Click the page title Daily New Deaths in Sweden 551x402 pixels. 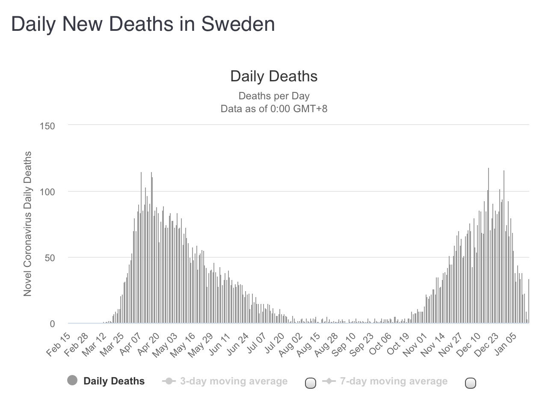pos(143,24)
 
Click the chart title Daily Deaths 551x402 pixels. pos(274,76)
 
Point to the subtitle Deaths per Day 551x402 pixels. pos(274,96)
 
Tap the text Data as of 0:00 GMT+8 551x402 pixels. pos(274,109)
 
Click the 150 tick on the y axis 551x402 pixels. pos(47,126)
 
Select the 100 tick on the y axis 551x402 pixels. pos(47,192)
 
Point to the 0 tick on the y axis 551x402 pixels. pos(52,324)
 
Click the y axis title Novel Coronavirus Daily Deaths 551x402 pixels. pos(28,223)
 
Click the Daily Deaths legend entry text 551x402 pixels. pos(114,381)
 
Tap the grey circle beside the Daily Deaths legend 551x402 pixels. pos(72,381)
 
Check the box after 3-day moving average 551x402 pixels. pos(311,383)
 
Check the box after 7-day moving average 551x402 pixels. pos(471,383)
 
